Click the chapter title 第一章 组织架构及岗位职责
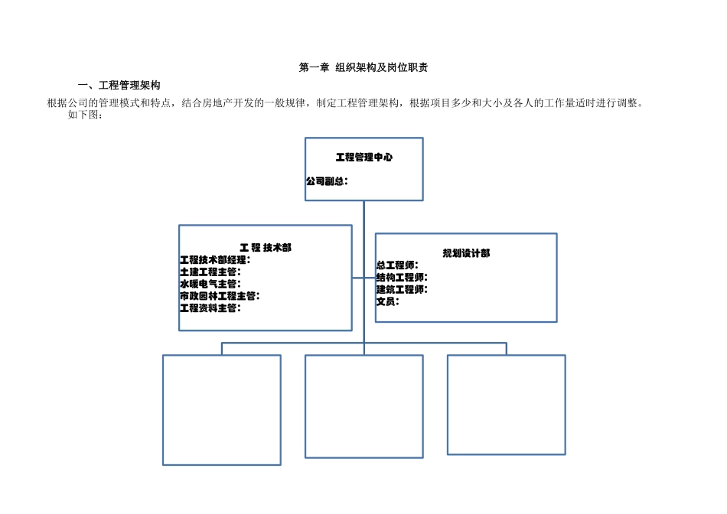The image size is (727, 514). click(x=363, y=68)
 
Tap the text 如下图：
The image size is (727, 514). click(x=85, y=115)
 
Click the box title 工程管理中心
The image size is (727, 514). click(x=364, y=158)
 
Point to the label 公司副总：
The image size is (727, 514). click(x=327, y=181)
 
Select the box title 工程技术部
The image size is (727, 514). click(x=266, y=248)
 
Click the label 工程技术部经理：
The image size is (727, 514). click(x=215, y=260)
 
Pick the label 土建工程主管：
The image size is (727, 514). click(x=210, y=272)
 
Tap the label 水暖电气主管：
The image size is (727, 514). click(x=210, y=284)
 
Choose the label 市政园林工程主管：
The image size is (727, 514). click(x=219, y=296)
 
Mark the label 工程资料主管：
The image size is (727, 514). click(x=210, y=307)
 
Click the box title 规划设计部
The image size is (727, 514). click(x=466, y=253)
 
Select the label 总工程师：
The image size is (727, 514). click(x=397, y=265)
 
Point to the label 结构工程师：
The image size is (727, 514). click(x=402, y=277)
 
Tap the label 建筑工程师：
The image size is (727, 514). click(x=402, y=289)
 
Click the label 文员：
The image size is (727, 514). click(x=387, y=301)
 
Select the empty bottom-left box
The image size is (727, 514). click(x=222, y=409)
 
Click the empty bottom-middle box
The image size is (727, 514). click(x=364, y=406)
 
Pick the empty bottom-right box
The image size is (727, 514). click(x=507, y=405)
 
